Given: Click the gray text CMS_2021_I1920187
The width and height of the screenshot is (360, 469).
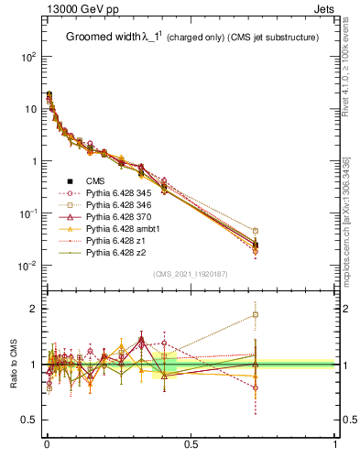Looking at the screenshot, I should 191,274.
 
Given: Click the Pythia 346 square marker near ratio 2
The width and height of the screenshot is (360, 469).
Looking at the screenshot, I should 256,315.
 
